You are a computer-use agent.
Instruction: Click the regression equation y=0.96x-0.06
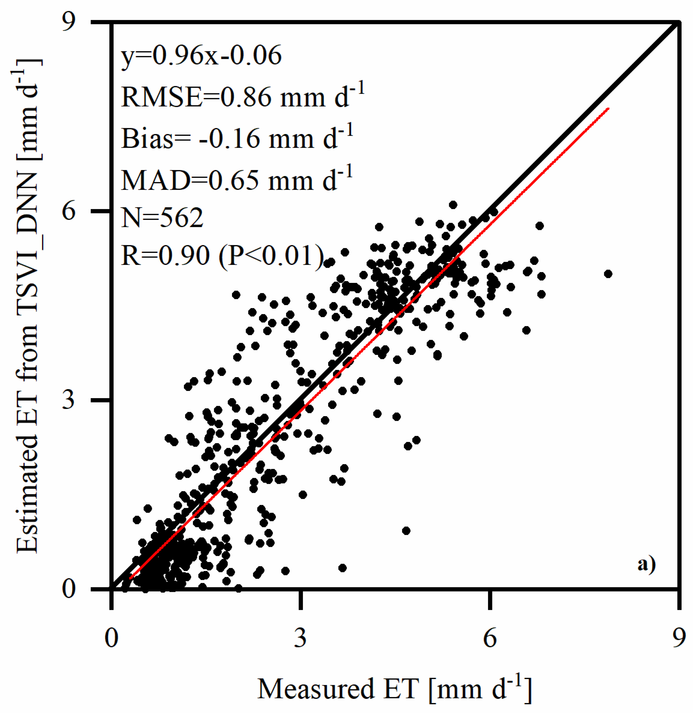click(x=201, y=56)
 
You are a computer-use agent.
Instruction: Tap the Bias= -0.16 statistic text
click(x=237, y=138)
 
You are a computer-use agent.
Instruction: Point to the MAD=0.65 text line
click(x=237, y=180)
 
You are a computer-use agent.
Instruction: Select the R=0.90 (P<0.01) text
click(x=222, y=255)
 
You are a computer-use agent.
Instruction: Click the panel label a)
click(x=646, y=564)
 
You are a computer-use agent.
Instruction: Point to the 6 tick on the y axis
click(x=69, y=211)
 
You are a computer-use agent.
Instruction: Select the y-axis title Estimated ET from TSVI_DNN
click(x=27, y=306)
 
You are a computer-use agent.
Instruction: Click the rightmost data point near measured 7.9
click(x=608, y=274)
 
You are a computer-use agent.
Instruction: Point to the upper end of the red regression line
click(x=608, y=108)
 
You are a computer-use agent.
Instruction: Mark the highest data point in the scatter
click(x=453, y=205)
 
